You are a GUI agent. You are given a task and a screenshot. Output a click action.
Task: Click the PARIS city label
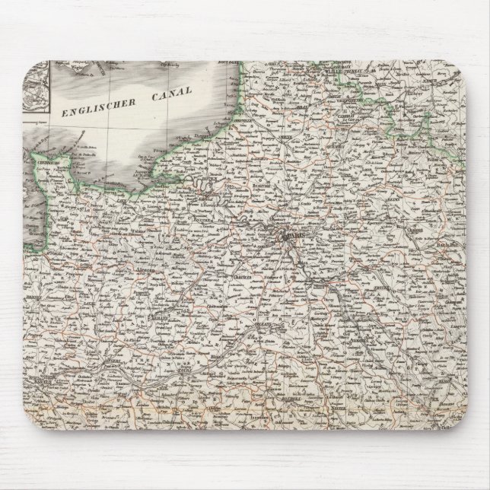point(293,237)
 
